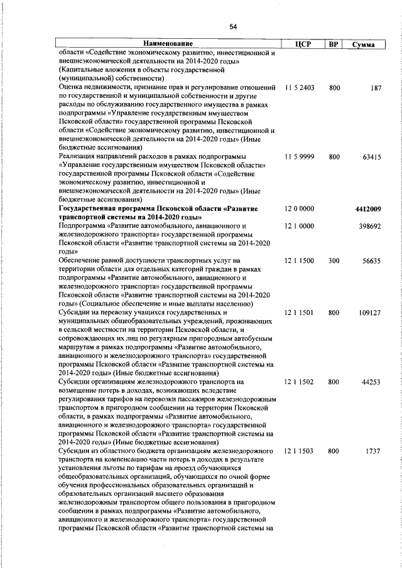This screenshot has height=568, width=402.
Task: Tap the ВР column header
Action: (334, 44)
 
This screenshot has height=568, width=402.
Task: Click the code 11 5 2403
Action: (299, 88)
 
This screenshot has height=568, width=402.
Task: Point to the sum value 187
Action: (376, 88)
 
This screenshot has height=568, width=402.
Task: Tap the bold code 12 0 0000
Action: (299, 208)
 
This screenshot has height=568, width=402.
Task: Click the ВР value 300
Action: (334, 260)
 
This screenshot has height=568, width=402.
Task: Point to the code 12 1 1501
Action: (299, 312)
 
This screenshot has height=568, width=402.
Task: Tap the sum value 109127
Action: (369, 312)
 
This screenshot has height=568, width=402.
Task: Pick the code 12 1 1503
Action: (299, 451)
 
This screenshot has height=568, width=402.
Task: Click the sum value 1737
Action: (374, 451)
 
